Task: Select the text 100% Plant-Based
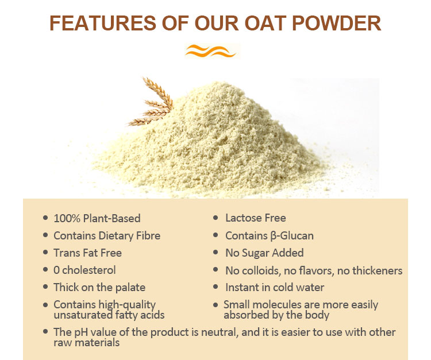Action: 97,218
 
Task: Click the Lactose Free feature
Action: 255,218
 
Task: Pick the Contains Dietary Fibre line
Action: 107,235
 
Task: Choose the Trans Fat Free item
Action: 87,253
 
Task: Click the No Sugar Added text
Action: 264,253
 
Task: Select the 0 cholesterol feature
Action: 84,270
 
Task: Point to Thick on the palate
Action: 99,287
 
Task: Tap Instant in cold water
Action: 275,287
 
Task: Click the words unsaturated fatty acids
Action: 109,315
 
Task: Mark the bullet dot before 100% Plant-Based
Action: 45,218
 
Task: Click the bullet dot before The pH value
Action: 45,332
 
